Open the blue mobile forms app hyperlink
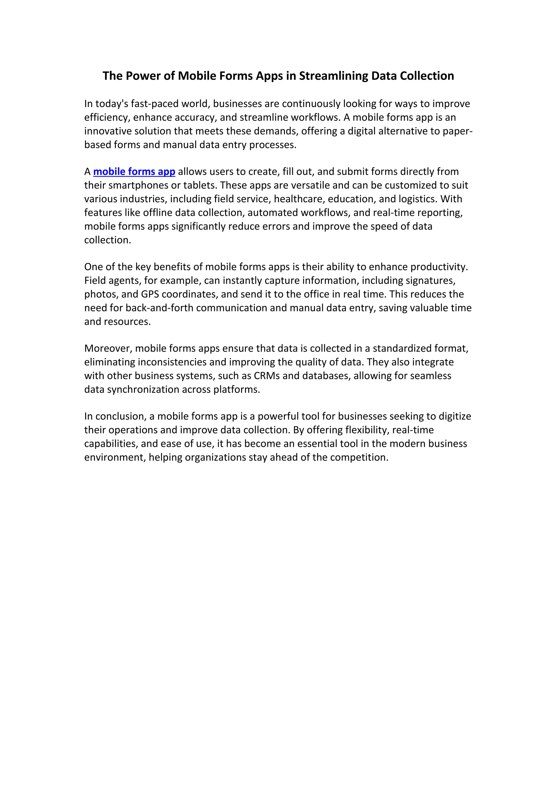click(134, 171)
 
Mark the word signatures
click(431, 280)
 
